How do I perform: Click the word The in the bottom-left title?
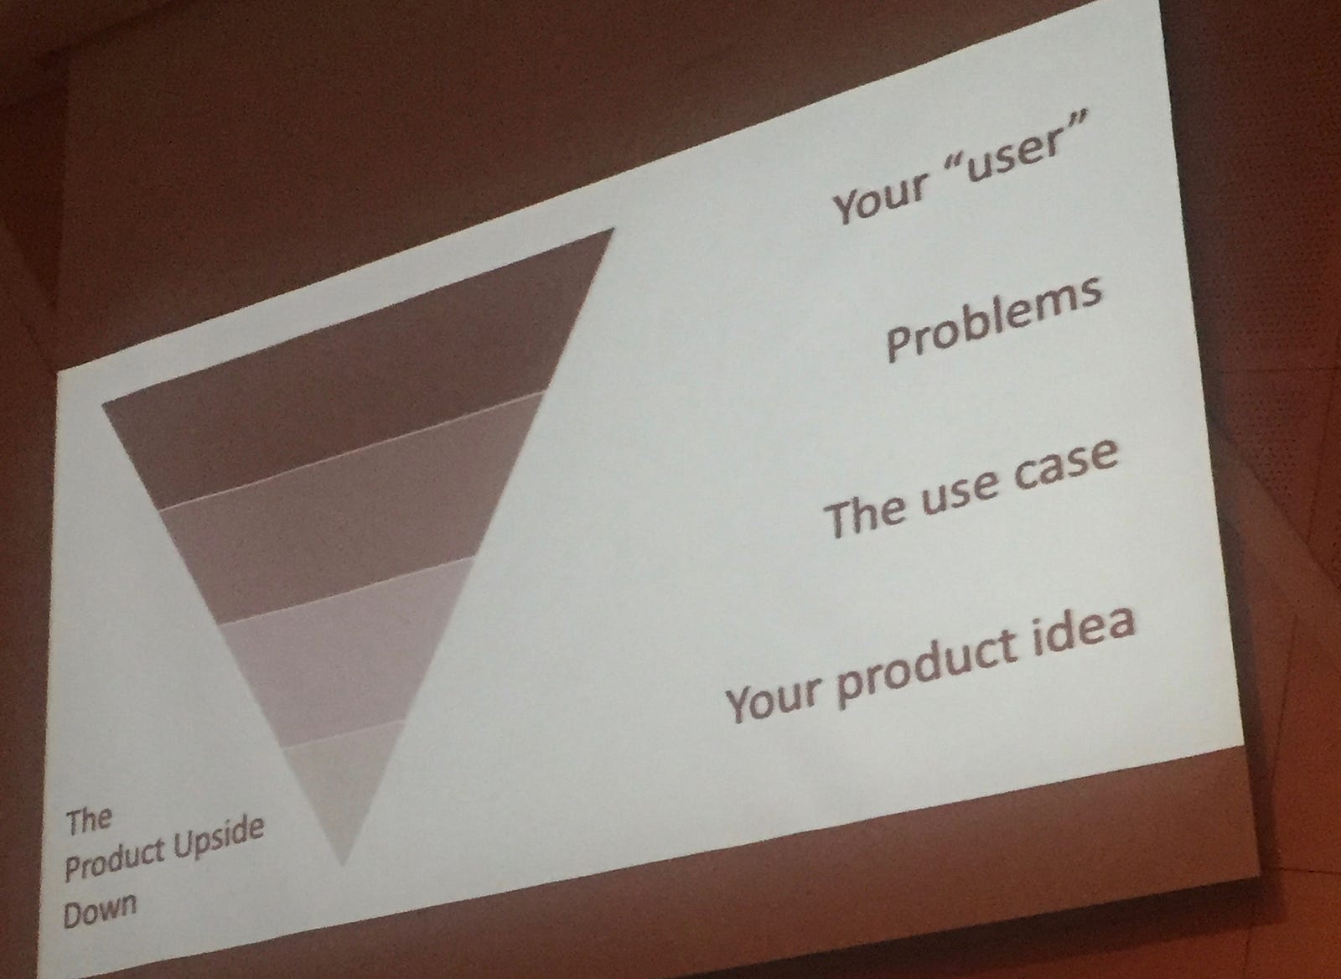coord(89,821)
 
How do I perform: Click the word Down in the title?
coord(100,909)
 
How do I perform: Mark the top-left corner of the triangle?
coord(102,406)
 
